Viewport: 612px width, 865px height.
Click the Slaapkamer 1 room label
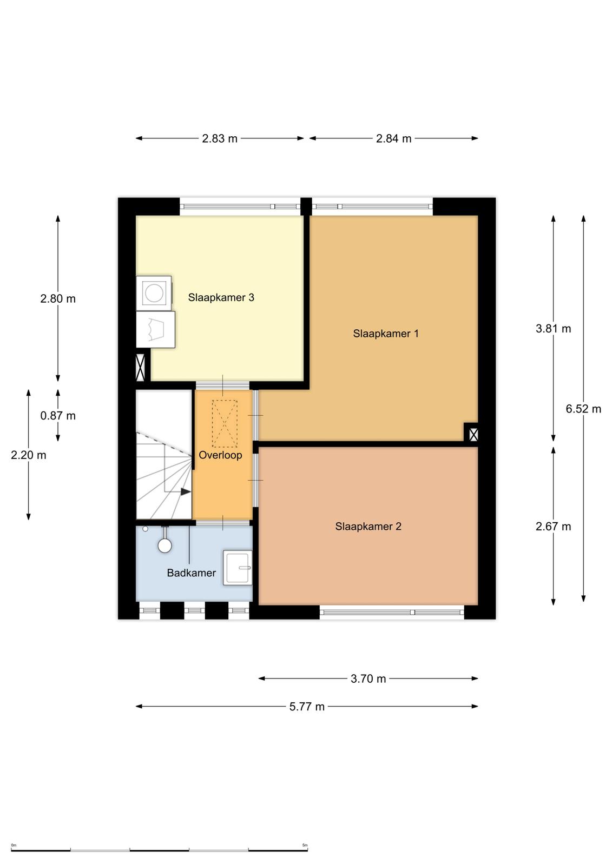click(385, 333)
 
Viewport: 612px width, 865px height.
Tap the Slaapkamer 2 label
click(368, 527)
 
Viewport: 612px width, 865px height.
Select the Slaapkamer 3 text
click(221, 297)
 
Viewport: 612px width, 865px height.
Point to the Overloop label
click(220, 455)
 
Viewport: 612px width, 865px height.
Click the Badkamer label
click(192, 573)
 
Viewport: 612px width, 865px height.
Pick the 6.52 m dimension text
click(583, 409)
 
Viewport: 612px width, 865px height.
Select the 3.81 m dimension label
click(553, 329)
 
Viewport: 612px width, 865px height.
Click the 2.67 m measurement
click(553, 527)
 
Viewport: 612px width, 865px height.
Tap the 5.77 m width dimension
click(307, 707)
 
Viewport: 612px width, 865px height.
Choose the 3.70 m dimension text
click(368, 678)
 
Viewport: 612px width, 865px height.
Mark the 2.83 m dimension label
click(220, 138)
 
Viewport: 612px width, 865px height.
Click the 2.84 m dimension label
click(393, 138)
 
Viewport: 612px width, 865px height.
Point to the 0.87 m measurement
click(58, 416)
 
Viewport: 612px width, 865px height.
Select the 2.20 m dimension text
click(29, 455)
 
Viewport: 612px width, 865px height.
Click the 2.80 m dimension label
click(58, 298)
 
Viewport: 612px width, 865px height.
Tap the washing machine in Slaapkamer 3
click(154, 292)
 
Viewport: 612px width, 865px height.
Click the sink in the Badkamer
click(238, 567)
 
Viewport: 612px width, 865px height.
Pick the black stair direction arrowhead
click(186, 491)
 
